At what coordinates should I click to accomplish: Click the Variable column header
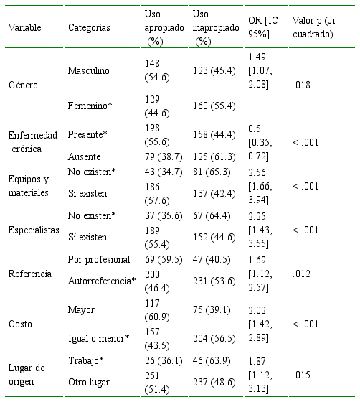(x=24, y=27)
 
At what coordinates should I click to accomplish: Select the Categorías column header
(x=89, y=27)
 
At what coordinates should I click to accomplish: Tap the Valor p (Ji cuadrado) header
(x=313, y=27)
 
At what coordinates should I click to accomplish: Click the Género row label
(x=23, y=85)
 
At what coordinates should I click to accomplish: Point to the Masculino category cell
(x=89, y=70)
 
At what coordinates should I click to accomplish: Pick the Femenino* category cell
(x=90, y=106)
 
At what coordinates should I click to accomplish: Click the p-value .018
(x=301, y=85)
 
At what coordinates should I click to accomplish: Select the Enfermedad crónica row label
(x=33, y=142)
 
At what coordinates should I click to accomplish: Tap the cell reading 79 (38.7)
(x=164, y=156)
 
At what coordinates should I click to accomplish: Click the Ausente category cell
(x=84, y=156)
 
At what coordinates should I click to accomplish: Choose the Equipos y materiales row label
(x=29, y=186)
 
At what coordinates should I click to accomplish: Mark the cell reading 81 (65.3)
(x=212, y=172)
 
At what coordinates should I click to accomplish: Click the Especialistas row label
(x=34, y=230)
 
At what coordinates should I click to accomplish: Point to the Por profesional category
(x=99, y=259)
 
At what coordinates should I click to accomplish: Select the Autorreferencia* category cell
(x=102, y=281)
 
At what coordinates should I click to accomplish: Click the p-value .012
(x=301, y=274)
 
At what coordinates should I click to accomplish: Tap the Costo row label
(x=20, y=324)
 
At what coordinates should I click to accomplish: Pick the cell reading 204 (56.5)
(x=214, y=338)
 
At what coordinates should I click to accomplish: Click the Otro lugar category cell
(x=89, y=382)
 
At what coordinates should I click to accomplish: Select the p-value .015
(x=301, y=375)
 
